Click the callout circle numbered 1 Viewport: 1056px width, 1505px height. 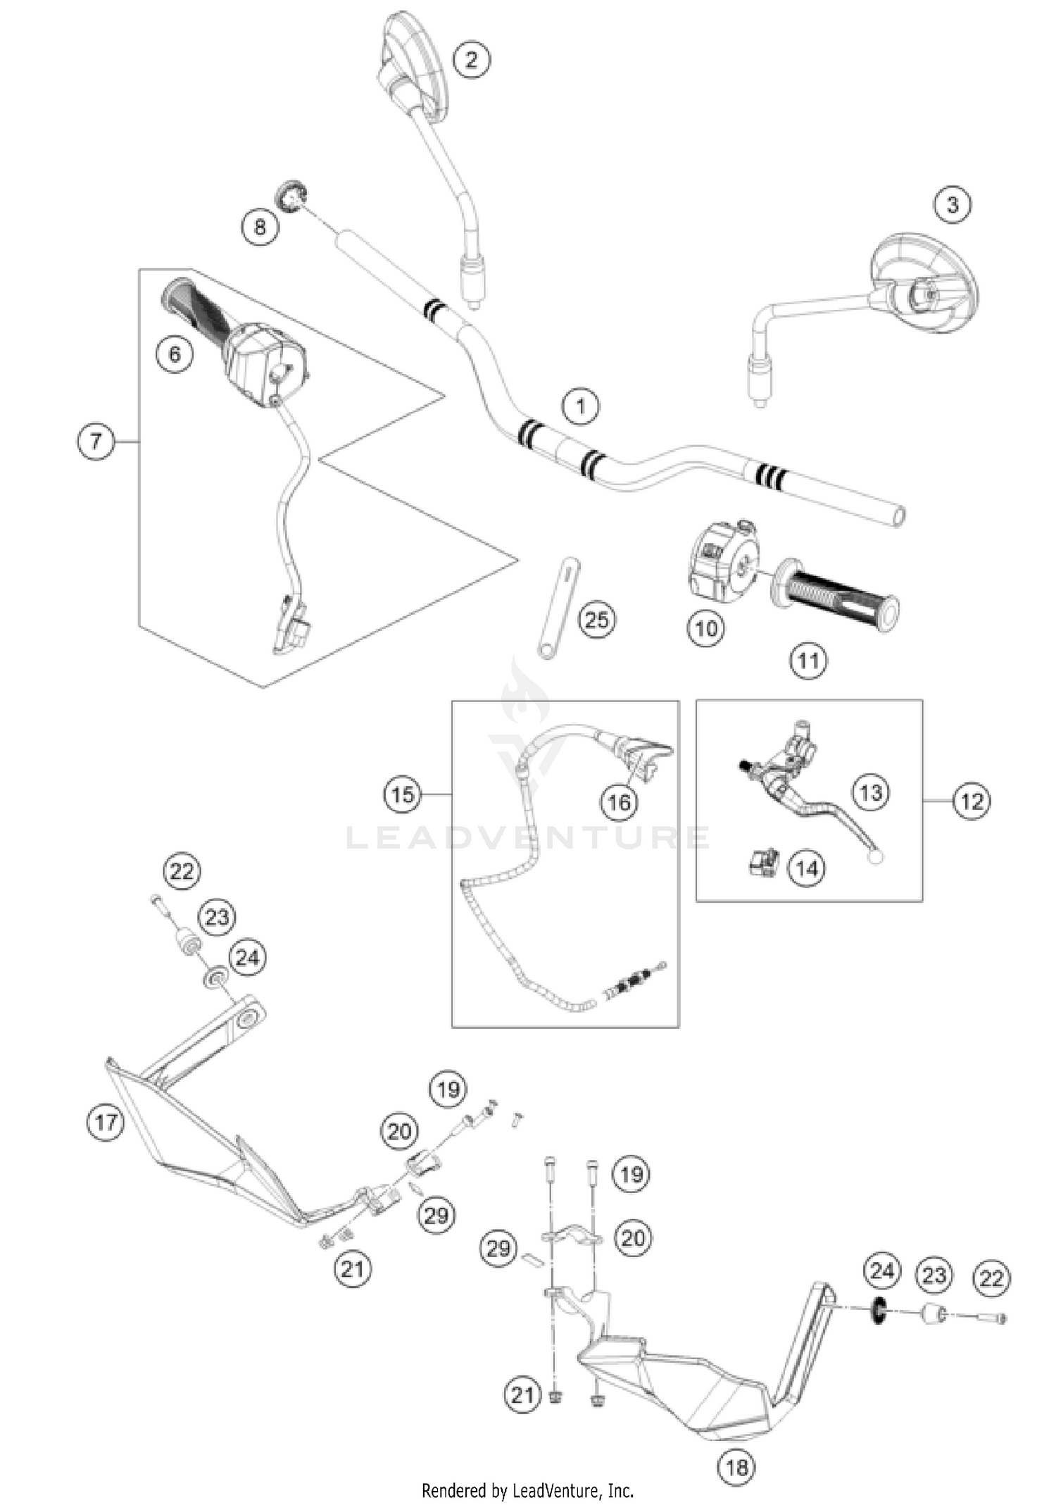click(x=580, y=406)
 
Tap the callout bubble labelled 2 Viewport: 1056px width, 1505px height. click(x=471, y=59)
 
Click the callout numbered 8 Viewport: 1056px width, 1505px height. click(x=260, y=227)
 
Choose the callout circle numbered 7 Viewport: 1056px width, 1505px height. click(x=96, y=442)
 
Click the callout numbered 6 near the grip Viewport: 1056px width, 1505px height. click(x=175, y=354)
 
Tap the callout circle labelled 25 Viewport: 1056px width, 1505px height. click(x=596, y=620)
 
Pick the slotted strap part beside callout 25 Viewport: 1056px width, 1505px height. click(x=559, y=608)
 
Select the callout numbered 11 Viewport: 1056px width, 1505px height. click(x=807, y=661)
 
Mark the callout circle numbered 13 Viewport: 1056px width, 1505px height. click(x=871, y=792)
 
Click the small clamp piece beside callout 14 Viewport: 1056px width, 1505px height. click(x=764, y=863)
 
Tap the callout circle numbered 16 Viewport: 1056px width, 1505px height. click(x=619, y=802)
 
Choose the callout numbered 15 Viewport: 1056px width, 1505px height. click(x=402, y=794)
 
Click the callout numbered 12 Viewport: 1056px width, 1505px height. click(x=972, y=801)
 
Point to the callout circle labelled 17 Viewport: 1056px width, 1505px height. click(x=106, y=1121)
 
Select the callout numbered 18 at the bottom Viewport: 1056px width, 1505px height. click(x=736, y=1468)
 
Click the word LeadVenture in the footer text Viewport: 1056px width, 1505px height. click(x=555, y=1491)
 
